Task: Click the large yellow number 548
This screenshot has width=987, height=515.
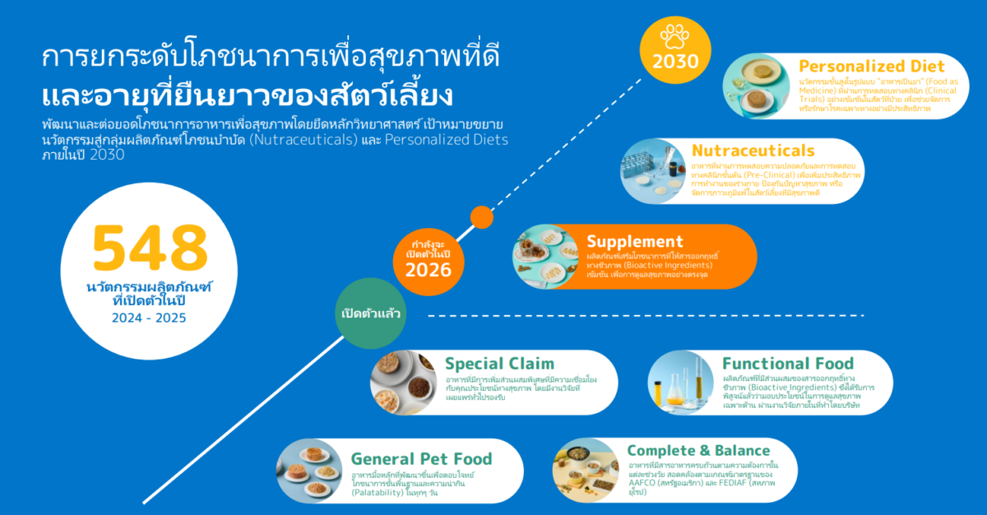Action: [150, 247]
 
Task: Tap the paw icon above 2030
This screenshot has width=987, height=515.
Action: [676, 35]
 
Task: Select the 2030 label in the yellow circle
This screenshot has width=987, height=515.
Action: [676, 62]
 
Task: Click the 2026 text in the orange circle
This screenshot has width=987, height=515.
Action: [429, 270]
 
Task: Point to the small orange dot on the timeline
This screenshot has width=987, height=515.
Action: [482, 217]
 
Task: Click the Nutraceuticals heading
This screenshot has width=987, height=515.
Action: [753, 151]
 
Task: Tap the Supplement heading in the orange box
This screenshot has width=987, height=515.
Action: [634, 242]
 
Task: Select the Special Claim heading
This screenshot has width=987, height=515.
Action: [499, 363]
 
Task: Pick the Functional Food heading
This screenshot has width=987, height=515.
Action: [788, 363]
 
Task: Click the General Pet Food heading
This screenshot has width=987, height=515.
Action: [421, 459]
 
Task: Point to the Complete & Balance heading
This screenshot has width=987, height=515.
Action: [698, 450]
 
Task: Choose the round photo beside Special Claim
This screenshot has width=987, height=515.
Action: [403, 382]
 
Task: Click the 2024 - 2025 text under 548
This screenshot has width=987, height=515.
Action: [150, 317]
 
